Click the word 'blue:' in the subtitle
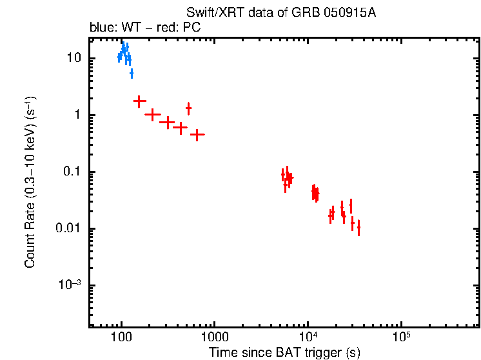102,28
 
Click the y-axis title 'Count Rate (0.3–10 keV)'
30,181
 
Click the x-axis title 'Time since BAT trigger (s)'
284,352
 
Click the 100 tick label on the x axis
121,338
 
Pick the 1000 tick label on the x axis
214,338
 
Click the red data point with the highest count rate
139,101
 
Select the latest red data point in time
358,227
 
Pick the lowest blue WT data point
132,74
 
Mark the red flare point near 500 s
188,108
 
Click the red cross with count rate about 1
153,115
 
